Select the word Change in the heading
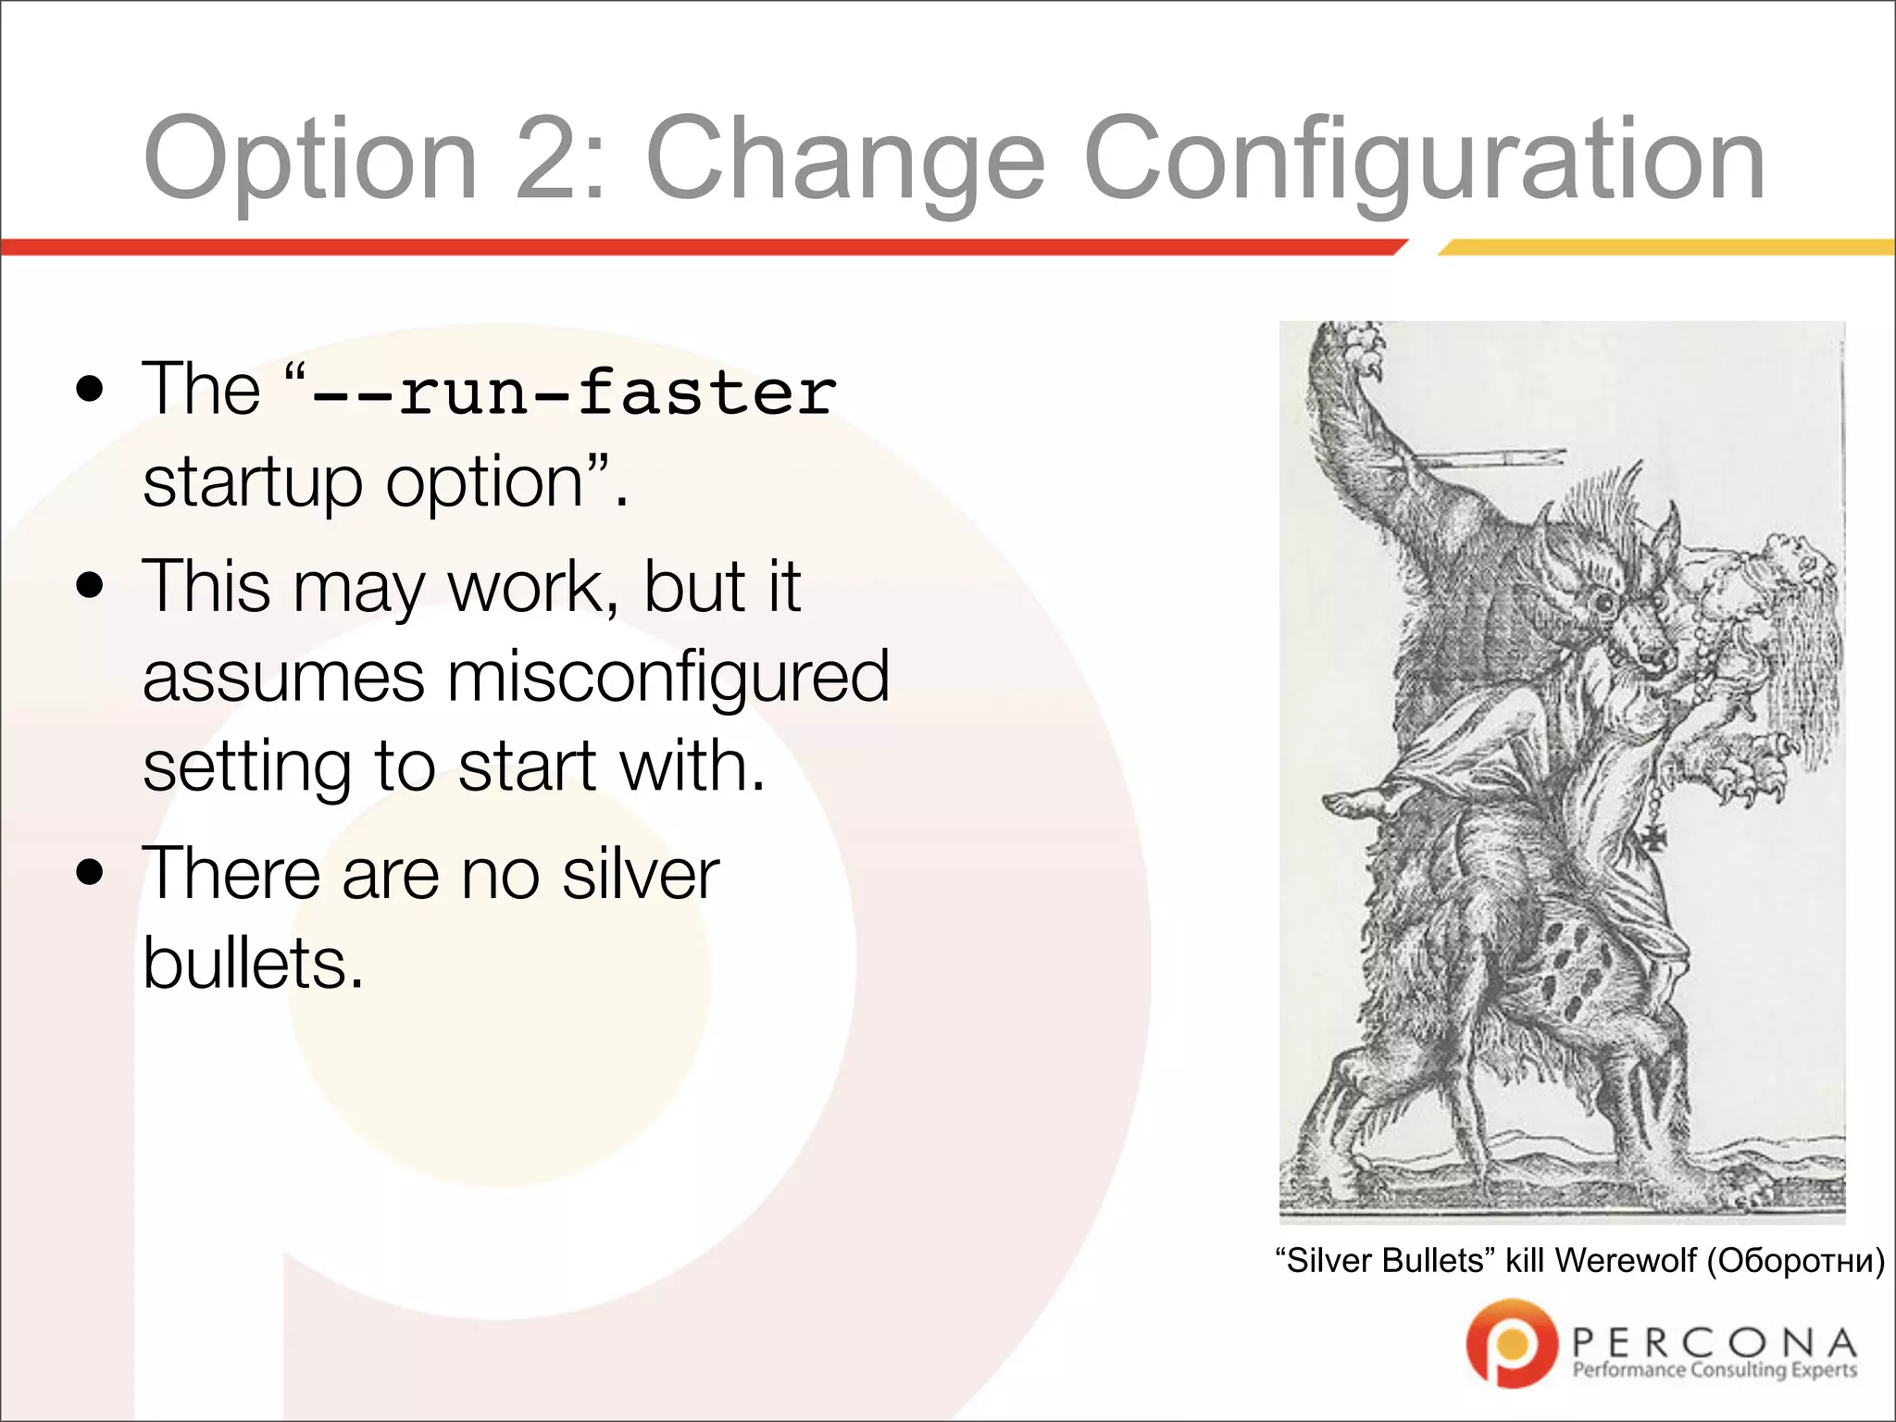tap(845, 159)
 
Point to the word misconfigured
tap(667, 676)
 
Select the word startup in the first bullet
tap(252, 483)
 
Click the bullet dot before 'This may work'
tap(90, 586)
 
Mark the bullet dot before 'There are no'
tap(90, 873)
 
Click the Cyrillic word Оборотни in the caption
tap(1794, 1261)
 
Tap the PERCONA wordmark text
tap(1714, 1341)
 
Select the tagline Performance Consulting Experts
tap(1714, 1370)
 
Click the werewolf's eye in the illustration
tap(1603, 605)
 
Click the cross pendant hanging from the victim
tap(1655, 837)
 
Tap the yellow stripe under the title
tap(1666, 247)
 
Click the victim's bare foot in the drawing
tap(1361, 802)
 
